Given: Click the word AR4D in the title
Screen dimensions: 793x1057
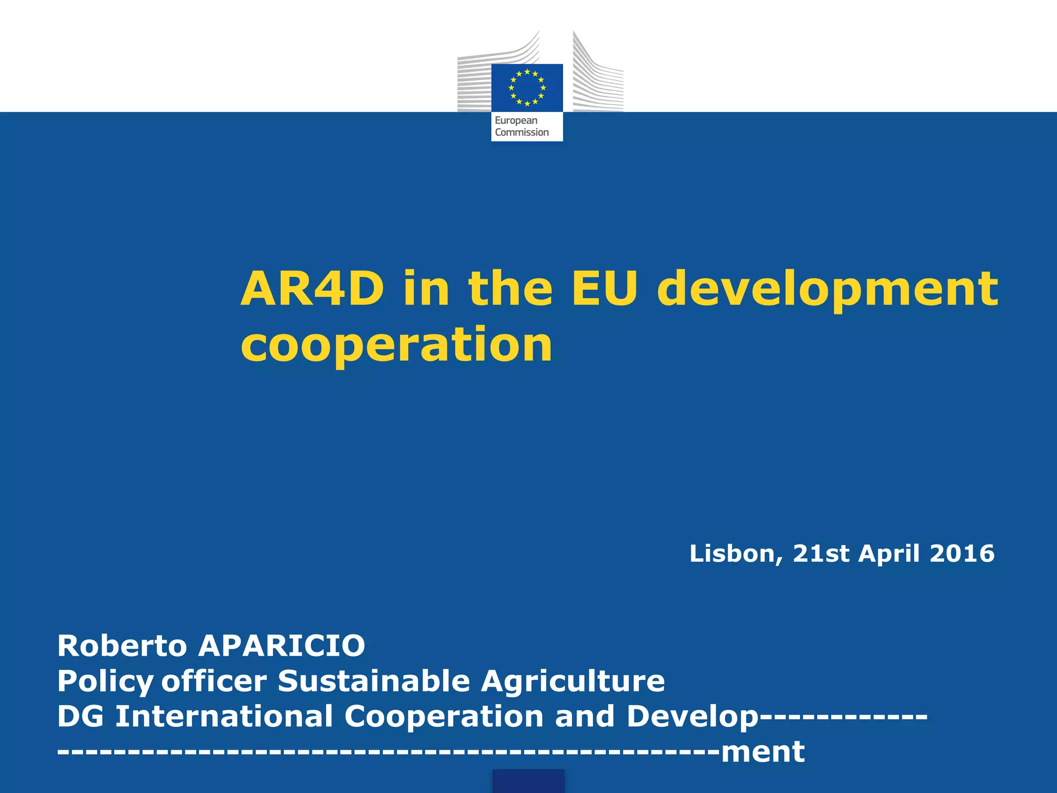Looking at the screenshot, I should [313, 289].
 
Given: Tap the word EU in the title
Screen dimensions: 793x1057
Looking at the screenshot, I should [604, 289].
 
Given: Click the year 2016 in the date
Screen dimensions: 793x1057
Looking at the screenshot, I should [962, 553].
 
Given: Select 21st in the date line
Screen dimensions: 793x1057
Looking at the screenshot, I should [821, 553].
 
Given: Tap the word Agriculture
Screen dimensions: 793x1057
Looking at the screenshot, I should [573, 681].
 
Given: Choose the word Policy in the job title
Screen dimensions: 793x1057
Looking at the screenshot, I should [105, 681].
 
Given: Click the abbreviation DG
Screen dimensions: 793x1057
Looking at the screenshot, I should [81, 716].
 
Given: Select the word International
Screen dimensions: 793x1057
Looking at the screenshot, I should [224, 716].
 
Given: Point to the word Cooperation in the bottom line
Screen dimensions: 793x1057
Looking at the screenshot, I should [444, 717].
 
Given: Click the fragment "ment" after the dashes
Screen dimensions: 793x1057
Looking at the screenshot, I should [763, 752].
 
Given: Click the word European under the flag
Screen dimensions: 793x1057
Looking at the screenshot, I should [516, 120].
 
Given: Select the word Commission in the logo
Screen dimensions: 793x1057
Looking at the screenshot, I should [522, 132].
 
